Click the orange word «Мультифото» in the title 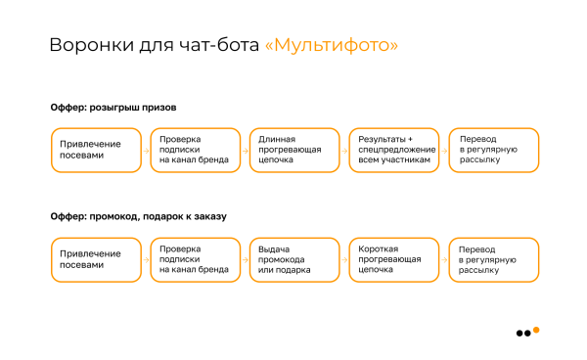point(332,45)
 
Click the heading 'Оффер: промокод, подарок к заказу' point(139,216)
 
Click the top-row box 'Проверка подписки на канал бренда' point(194,150)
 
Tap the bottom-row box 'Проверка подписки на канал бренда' point(194,259)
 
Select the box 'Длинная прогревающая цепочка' point(293,150)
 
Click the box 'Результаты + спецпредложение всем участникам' point(393,150)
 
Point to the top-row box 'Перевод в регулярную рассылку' point(492,150)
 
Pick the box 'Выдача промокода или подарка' point(293,259)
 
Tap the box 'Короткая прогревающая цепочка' point(393,259)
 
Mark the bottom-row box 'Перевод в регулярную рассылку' point(492,259)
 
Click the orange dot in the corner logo point(536,329)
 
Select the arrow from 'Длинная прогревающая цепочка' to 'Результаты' point(342,150)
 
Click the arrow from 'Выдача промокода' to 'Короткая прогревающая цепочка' point(342,259)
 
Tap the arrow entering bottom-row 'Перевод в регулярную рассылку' point(442,259)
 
